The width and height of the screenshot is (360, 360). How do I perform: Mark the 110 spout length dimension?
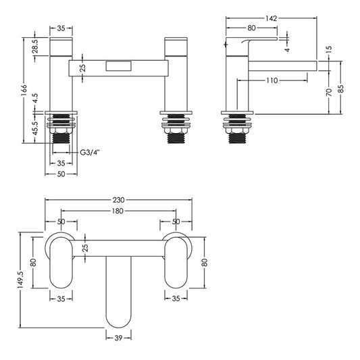(x=272, y=80)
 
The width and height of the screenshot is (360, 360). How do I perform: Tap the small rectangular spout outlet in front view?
(x=120, y=66)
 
